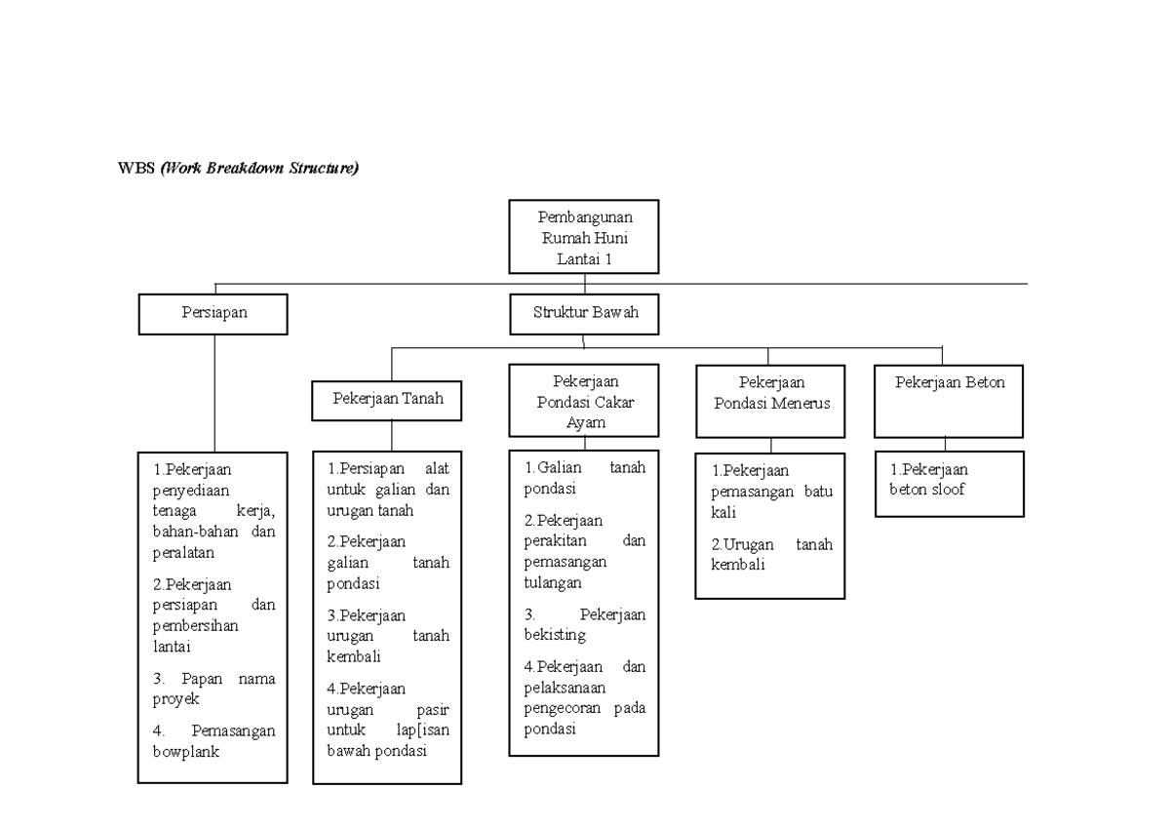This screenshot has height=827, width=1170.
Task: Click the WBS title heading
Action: click(239, 169)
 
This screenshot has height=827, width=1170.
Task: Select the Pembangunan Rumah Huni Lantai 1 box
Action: click(583, 237)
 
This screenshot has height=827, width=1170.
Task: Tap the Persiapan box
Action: click(214, 314)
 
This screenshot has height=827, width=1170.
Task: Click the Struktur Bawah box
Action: click(584, 314)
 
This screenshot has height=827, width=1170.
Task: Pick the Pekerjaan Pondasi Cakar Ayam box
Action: click(584, 402)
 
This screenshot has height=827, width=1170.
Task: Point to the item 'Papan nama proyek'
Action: click(214, 689)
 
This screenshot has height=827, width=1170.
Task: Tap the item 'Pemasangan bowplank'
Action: click(214, 741)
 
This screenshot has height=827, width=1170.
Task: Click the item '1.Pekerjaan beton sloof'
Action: click(928, 480)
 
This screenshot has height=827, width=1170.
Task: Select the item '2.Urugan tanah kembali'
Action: click(771, 555)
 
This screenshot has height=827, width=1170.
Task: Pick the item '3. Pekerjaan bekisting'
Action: click(584, 625)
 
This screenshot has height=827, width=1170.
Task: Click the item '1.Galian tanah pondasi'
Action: click(584, 478)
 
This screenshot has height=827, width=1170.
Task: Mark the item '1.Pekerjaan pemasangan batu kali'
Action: click(771, 491)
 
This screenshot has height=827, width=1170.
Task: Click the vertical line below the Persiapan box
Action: click(214, 390)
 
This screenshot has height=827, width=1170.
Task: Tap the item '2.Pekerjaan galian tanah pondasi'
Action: click(388, 563)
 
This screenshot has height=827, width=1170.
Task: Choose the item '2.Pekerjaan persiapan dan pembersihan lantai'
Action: click(214, 614)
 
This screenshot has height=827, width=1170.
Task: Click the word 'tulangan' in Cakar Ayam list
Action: click(553, 582)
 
